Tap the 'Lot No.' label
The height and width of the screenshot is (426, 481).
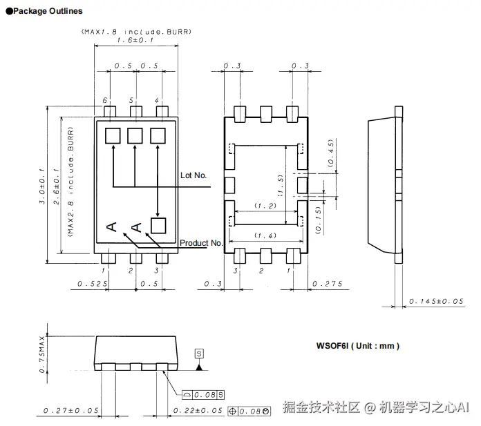(x=194, y=175)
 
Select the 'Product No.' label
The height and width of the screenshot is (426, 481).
(x=201, y=243)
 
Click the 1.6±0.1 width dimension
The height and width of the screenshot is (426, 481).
(x=135, y=40)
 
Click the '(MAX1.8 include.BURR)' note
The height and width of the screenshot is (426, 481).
(x=135, y=31)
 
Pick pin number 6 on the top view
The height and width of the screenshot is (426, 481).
(x=106, y=101)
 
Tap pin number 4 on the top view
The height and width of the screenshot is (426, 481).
(x=157, y=101)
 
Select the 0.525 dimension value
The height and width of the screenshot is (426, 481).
(x=89, y=284)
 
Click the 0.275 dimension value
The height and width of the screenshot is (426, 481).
(x=326, y=284)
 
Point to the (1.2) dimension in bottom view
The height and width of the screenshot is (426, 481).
(x=265, y=206)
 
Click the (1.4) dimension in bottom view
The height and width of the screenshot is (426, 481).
(x=265, y=236)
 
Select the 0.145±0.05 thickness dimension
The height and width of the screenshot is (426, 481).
(x=435, y=301)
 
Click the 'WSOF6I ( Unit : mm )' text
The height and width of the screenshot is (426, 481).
(x=357, y=346)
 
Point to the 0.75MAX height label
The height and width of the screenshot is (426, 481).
(x=42, y=351)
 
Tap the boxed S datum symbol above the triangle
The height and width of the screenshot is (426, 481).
(x=200, y=354)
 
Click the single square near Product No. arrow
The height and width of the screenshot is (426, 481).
(x=159, y=224)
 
